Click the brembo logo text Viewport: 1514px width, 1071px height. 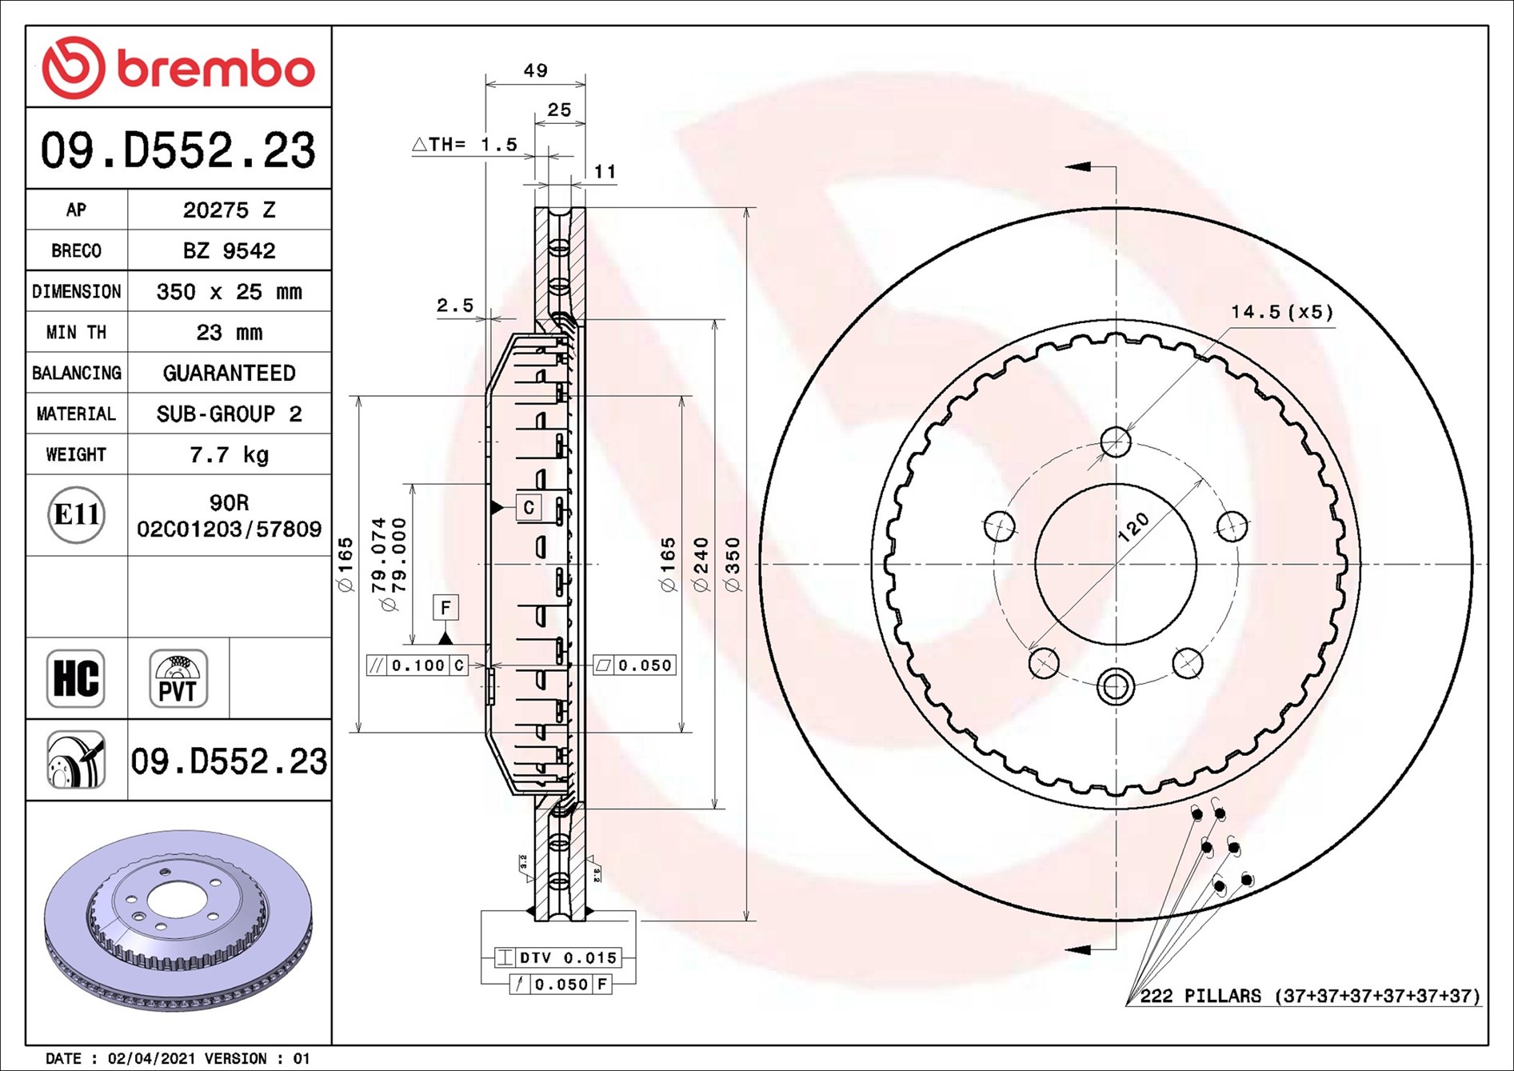[216, 69]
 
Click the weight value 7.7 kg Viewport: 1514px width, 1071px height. [229, 455]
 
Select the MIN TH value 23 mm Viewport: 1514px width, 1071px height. [229, 332]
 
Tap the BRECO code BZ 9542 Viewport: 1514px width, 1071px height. [229, 250]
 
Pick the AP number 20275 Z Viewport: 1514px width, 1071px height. [229, 210]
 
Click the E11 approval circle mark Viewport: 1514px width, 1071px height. [76, 514]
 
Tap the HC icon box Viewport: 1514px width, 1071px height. [76, 678]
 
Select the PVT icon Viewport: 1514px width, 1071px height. [178, 678]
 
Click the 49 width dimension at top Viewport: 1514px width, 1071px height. [535, 70]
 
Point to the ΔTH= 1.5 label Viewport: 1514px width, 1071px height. [465, 145]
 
